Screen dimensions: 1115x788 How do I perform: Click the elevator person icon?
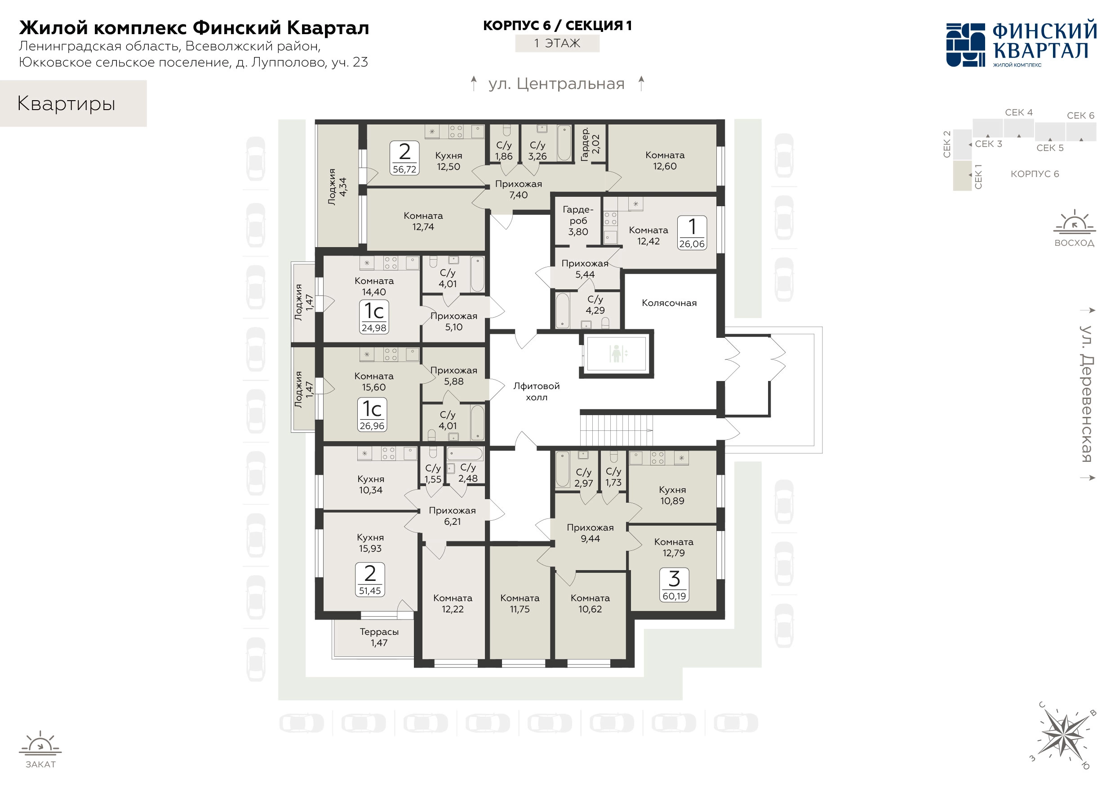(x=616, y=354)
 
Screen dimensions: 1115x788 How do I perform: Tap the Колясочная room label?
(x=669, y=303)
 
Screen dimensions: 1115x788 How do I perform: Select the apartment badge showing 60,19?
(x=674, y=585)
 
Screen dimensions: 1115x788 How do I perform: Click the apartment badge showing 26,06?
(x=692, y=233)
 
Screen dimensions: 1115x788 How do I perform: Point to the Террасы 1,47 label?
(x=379, y=637)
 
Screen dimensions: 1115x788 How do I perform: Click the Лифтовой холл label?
(x=536, y=391)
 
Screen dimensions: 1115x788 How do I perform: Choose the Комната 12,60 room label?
(x=664, y=161)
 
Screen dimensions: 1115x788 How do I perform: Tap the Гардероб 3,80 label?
(x=578, y=221)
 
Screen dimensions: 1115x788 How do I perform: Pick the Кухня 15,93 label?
(x=370, y=543)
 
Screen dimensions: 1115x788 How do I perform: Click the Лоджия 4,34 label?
(x=337, y=187)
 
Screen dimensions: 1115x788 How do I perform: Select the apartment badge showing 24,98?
(x=373, y=317)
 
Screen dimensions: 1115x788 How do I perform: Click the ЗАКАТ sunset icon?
(x=40, y=743)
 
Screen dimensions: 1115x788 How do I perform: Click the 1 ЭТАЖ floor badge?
(x=557, y=43)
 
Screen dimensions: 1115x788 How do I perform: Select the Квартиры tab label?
(x=66, y=103)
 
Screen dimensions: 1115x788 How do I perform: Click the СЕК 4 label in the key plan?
(x=1018, y=112)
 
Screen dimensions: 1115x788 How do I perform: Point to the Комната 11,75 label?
(x=520, y=603)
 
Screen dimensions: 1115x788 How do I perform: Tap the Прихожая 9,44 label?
(x=590, y=533)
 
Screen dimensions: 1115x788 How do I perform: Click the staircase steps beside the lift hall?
(x=615, y=429)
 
